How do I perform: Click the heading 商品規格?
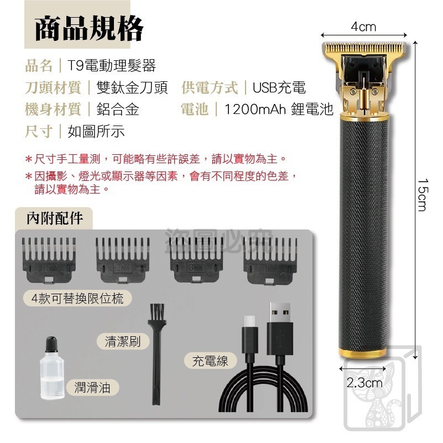[89, 29]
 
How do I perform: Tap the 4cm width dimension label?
[363, 27]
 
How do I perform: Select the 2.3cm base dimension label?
[364, 382]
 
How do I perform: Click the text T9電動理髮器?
[112, 66]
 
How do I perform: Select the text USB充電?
[279, 88]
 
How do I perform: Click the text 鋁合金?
[118, 110]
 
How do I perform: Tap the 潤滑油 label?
[92, 388]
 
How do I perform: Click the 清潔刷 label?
[123, 341]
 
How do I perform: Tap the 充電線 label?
[211, 362]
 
